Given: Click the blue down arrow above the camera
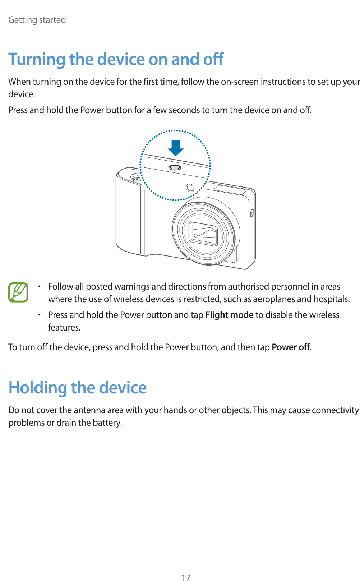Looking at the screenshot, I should point(175,148).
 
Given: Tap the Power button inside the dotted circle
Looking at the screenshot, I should point(175,167).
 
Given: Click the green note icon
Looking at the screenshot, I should point(18,292).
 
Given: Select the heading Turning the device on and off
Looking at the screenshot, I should point(116,59).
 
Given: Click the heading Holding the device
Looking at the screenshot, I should point(78,388).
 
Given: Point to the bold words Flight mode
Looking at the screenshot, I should point(229,315).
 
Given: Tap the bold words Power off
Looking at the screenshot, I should point(291,347).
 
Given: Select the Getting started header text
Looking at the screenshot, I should point(37,20).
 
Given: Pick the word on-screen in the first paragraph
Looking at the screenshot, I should point(240,82).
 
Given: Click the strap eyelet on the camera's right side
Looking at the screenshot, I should point(252,213).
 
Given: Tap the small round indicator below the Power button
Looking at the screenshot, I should point(190,188).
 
